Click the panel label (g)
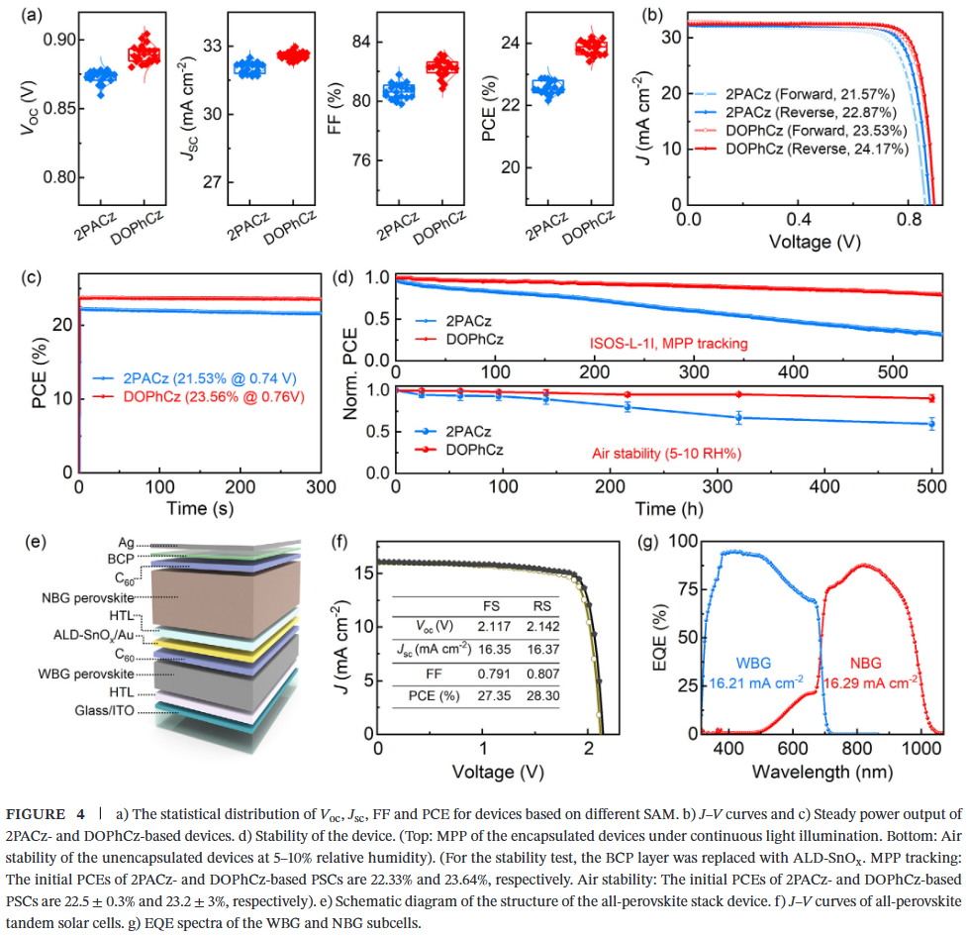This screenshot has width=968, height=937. click(652, 542)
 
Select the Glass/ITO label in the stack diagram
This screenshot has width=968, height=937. click(102, 709)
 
